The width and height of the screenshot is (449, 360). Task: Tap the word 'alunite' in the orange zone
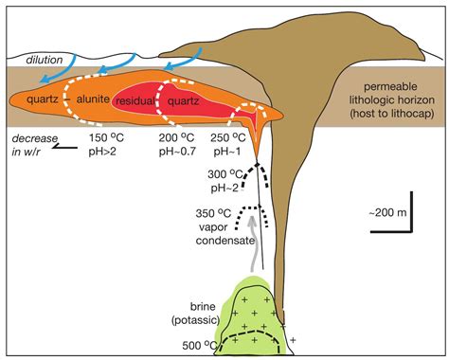point(93,99)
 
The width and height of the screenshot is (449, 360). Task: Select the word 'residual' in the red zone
point(136,99)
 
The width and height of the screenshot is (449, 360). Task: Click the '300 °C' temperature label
point(228,174)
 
